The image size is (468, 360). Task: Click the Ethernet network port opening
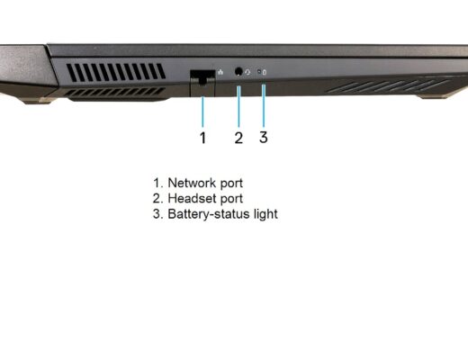pyautogui.click(x=202, y=76)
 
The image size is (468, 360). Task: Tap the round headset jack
pyautogui.click(x=238, y=72)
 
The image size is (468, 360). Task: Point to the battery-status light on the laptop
pyautogui.click(x=259, y=72)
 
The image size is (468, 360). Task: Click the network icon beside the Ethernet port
pyautogui.click(x=220, y=72)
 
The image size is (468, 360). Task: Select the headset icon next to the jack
pyautogui.click(x=247, y=72)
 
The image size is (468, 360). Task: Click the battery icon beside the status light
pyautogui.click(x=265, y=72)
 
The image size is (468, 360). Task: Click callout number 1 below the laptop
pyautogui.click(x=202, y=138)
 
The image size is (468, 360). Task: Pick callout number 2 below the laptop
pyautogui.click(x=238, y=138)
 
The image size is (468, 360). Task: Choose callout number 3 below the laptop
pyautogui.click(x=264, y=137)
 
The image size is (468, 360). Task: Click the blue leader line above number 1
pyautogui.click(x=202, y=112)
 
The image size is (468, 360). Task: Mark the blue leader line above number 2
pyautogui.click(x=238, y=106)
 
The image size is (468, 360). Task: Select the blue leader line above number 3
pyautogui.click(x=264, y=105)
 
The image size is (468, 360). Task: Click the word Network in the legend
pyautogui.click(x=192, y=183)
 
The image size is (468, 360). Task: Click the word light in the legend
pyautogui.click(x=265, y=214)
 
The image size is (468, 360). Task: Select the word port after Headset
pyautogui.click(x=231, y=199)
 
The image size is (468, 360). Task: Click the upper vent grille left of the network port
pyautogui.click(x=116, y=72)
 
